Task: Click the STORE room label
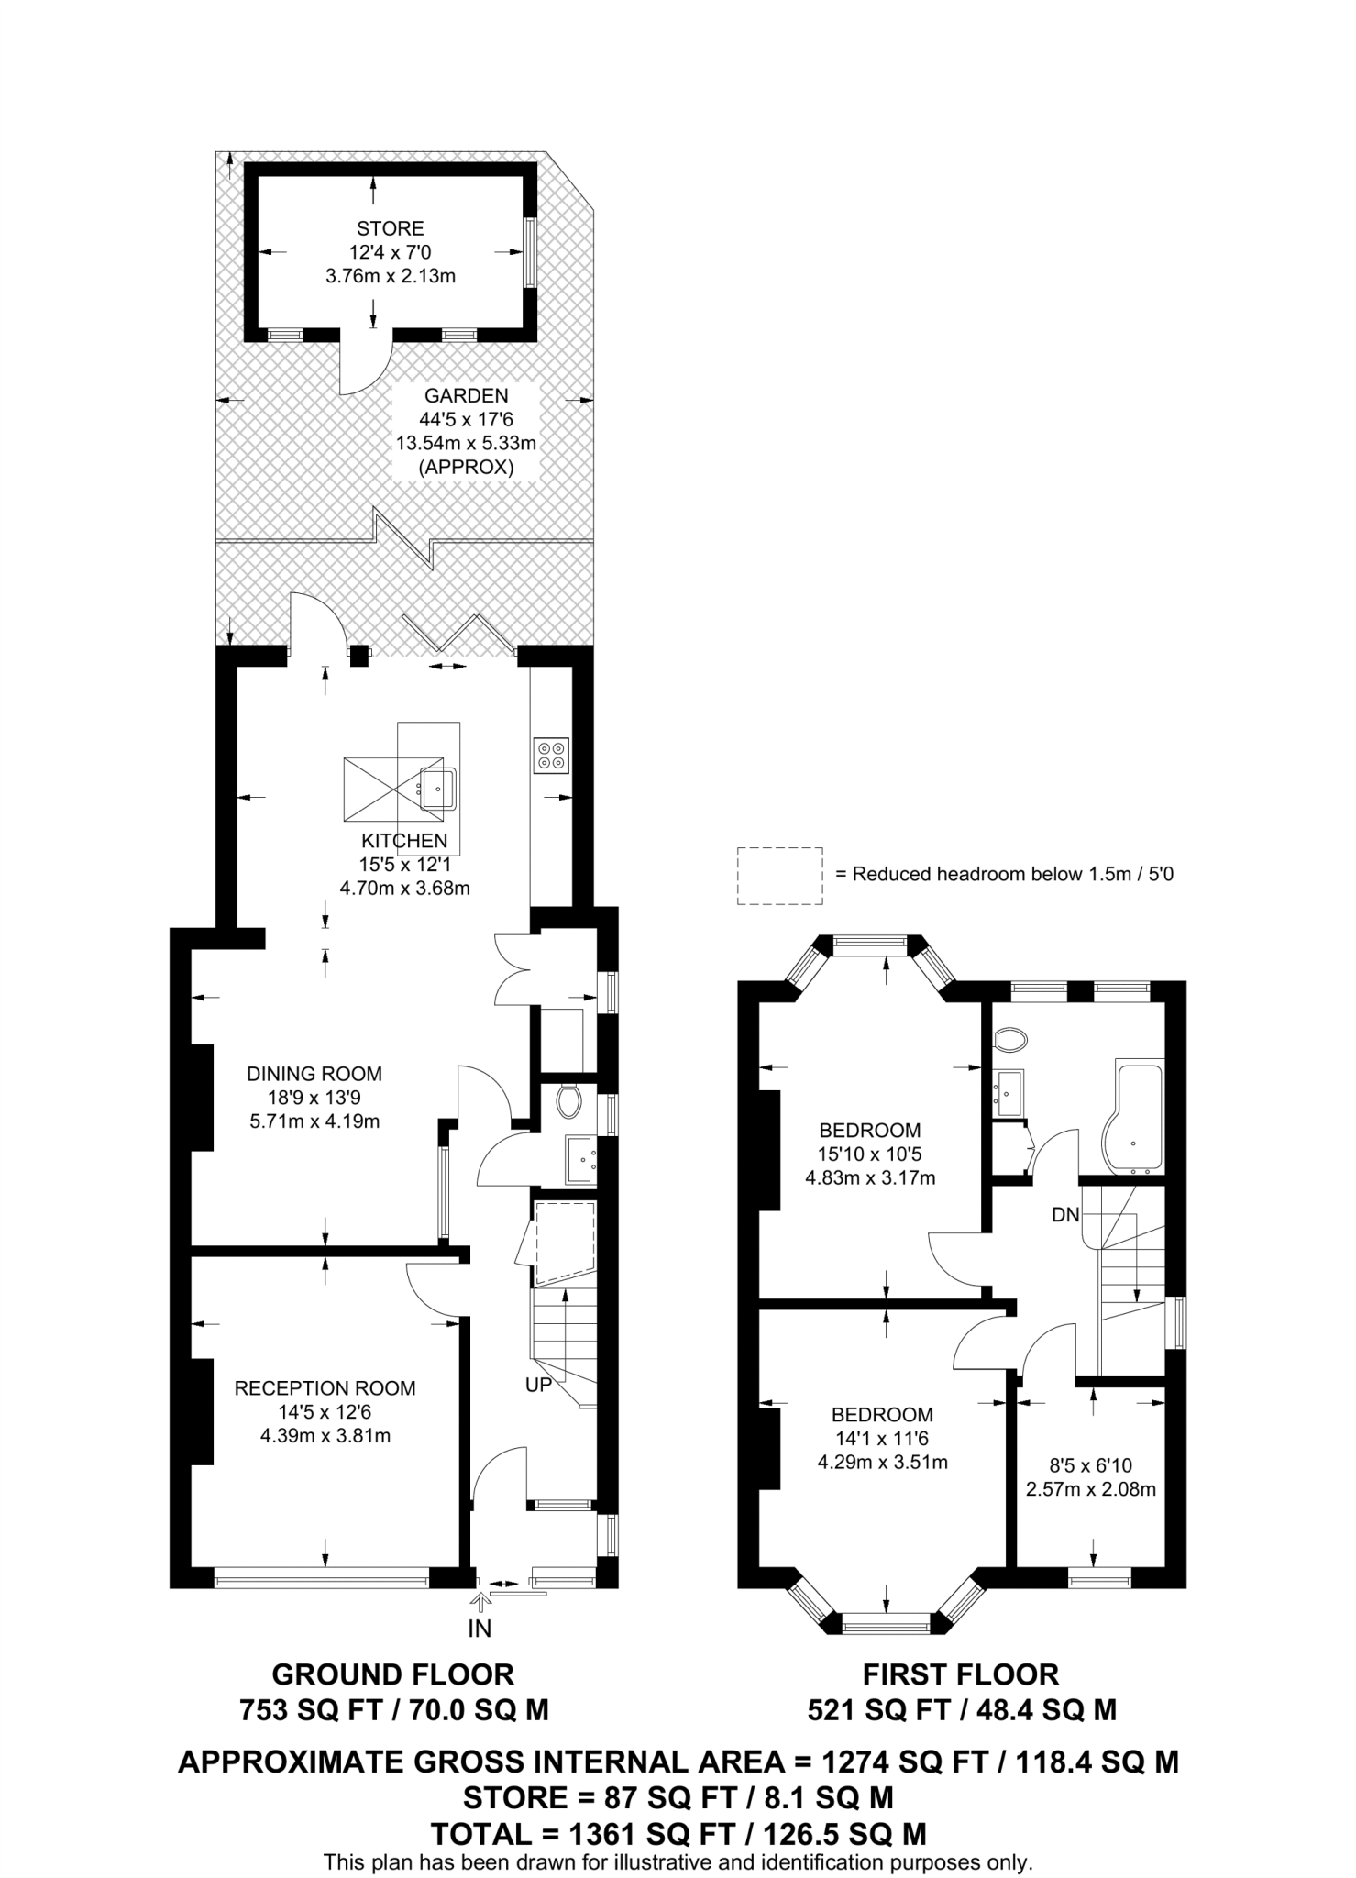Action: [391, 228]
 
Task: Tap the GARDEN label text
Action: [466, 396]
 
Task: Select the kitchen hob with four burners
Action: [551, 755]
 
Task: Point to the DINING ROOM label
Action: [314, 1074]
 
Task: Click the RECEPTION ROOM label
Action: [325, 1388]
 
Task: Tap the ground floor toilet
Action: [568, 1101]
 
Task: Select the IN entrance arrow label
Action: [480, 1629]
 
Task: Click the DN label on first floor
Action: [1065, 1215]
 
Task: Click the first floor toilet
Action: [1010, 1040]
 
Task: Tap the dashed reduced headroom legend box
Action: [779, 876]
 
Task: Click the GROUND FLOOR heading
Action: [392, 1675]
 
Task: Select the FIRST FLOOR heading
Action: [961, 1675]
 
